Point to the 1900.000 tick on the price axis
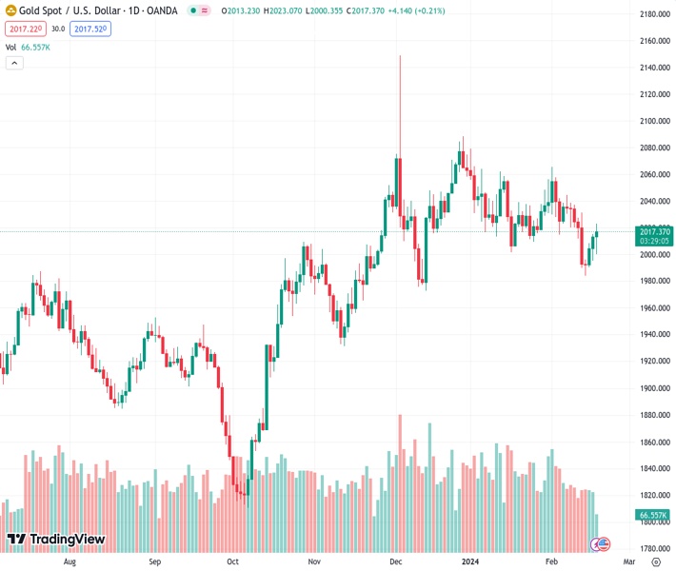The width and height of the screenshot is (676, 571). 655,388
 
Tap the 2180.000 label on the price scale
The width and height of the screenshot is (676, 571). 655,14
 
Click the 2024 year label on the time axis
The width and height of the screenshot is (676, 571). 469,562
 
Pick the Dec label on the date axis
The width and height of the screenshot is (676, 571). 396,562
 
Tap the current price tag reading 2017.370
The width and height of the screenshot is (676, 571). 655,231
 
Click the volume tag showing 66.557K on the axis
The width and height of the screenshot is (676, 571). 655,515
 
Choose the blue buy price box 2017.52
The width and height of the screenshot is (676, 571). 93,29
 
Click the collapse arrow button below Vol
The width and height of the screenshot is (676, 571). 14,63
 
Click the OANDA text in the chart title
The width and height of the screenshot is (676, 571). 161,10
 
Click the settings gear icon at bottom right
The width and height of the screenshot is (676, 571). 655,562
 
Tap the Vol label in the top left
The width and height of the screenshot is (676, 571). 10,47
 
